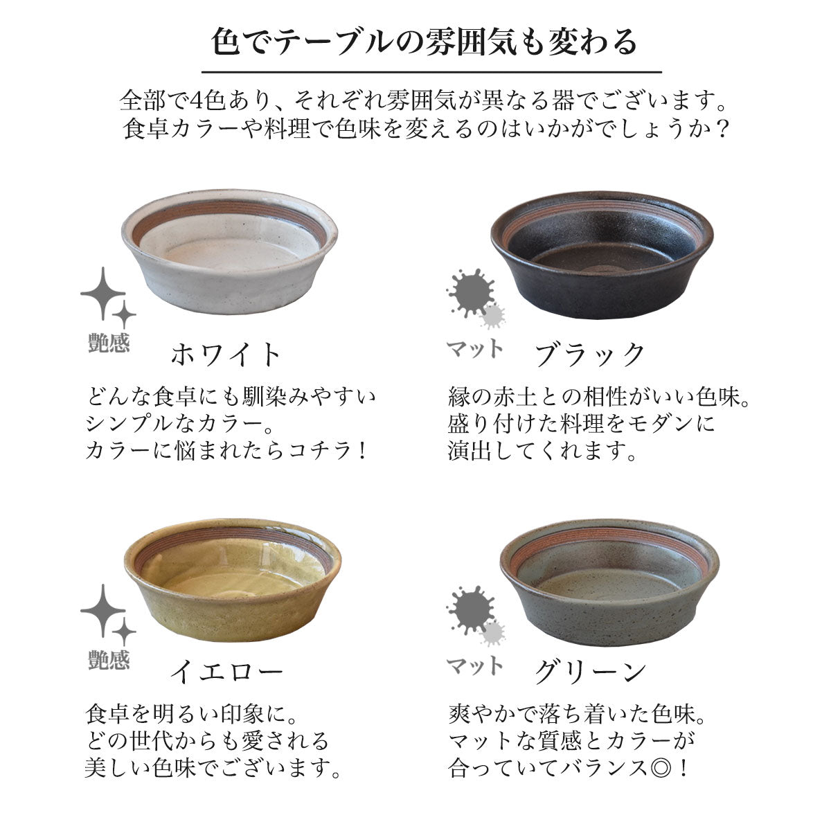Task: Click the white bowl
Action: [x=229, y=251]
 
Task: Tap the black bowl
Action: [x=602, y=254]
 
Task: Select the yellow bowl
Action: [x=233, y=580]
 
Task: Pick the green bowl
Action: [x=609, y=582]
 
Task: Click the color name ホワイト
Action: [x=226, y=355]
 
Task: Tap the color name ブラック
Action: [x=590, y=355]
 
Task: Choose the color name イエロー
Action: [x=226, y=672]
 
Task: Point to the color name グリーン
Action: [x=591, y=672]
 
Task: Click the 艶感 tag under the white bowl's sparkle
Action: [x=109, y=343]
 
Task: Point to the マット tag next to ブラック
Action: [x=474, y=348]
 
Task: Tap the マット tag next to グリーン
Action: [x=474, y=665]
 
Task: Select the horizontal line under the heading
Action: [x=431, y=72]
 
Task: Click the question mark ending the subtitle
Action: [x=722, y=129]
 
